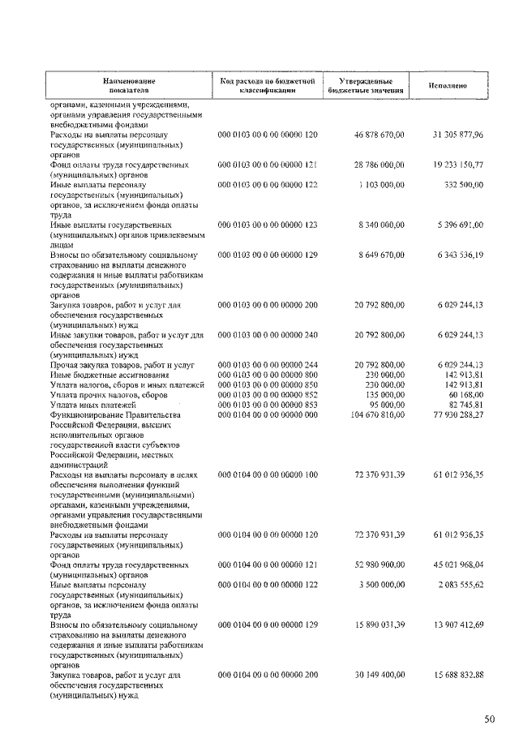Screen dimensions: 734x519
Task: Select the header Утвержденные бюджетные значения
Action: [367, 86]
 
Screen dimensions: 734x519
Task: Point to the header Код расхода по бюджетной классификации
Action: [267, 86]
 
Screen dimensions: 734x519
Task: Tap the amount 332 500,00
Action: [464, 186]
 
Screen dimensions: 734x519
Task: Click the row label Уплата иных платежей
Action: [88, 404]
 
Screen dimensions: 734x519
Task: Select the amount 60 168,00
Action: [465, 394]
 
